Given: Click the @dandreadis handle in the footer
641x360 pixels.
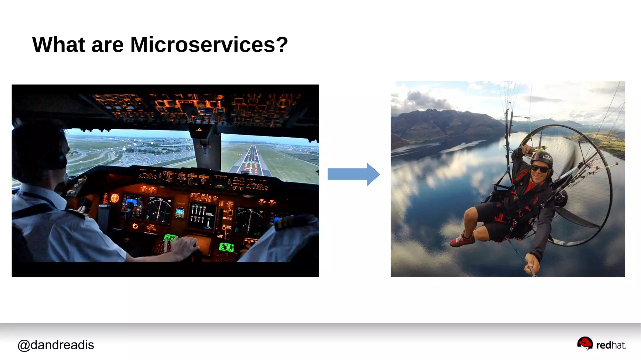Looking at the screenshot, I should pyautogui.click(x=56, y=345).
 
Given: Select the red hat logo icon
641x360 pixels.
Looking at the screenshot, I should pyautogui.click(x=585, y=343).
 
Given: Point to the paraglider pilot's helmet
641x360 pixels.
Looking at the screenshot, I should pyautogui.click(x=542, y=158).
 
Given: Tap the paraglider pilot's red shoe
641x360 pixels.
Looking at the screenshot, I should pyautogui.click(x=462, y=240).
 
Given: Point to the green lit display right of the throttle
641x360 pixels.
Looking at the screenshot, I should pyautogui.click(x=226, y=247).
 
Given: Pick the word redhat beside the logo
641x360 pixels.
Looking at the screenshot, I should pyautogui.click(x=611, y=345).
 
